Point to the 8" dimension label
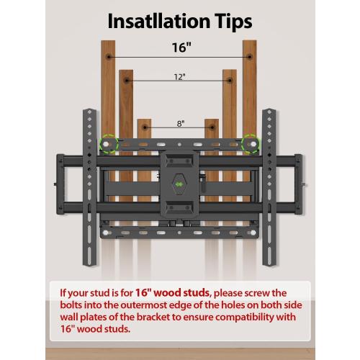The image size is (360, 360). [x=179, y=125]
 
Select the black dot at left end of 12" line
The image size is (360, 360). [x=127, y=84]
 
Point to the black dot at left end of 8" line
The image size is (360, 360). [x=145, y=129]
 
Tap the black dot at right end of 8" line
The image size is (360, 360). [x=214, y=129]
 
